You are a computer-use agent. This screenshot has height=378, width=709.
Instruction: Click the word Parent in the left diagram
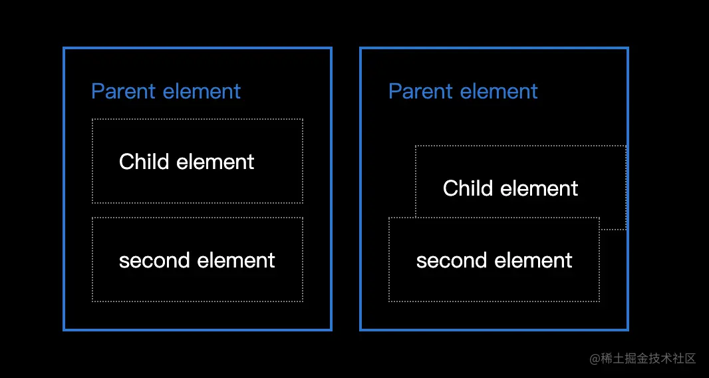pyautogui.click(x=124, y=91)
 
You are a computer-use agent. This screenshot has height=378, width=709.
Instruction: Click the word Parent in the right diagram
pyautogui.click(x=421, y=91)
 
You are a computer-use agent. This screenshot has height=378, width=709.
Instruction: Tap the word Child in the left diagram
pyautogui.click(x=144, y=162)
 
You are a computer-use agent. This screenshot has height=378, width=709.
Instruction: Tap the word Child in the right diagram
pyautogui.click(x=468, y=188)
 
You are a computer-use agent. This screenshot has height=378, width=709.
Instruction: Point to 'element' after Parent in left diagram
pyautogui.click(x=202, y=91)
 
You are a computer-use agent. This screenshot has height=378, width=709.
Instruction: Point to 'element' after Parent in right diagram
pyautogui.click(x=499, y=91)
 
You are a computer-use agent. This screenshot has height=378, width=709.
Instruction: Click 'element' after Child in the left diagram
pyautogui.click(x=215, y=162)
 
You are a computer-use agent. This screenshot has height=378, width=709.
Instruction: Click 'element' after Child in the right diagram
pyautogui.click(x=539, y=188)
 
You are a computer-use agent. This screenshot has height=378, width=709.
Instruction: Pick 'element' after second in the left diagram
pyautogui.click(x=236, y=261)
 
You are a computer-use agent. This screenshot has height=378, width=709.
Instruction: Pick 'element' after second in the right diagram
pyautogui.click(x=533, y=261)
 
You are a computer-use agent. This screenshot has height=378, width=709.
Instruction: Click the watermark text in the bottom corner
pyautogui.click(x=642, y=359)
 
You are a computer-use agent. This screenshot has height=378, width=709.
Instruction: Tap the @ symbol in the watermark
pyautogui.click(x=595, y=359)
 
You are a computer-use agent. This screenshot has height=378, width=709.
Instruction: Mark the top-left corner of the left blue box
pyautogui.click(x=65, y=48)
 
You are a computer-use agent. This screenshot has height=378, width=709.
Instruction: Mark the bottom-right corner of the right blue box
pyautogui.click(x=628, y=329)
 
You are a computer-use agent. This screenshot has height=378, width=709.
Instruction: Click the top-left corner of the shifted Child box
pyautogui.click(x=416, y=146)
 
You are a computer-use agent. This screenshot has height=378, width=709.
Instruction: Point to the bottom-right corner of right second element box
pyautogui.click(x=599, y=301)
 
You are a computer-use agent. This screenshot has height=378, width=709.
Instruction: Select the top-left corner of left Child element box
pyautogui.click(x=92, y=119)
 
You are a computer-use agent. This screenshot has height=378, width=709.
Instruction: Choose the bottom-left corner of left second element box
pyautogui.click(x=92, y=301)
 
